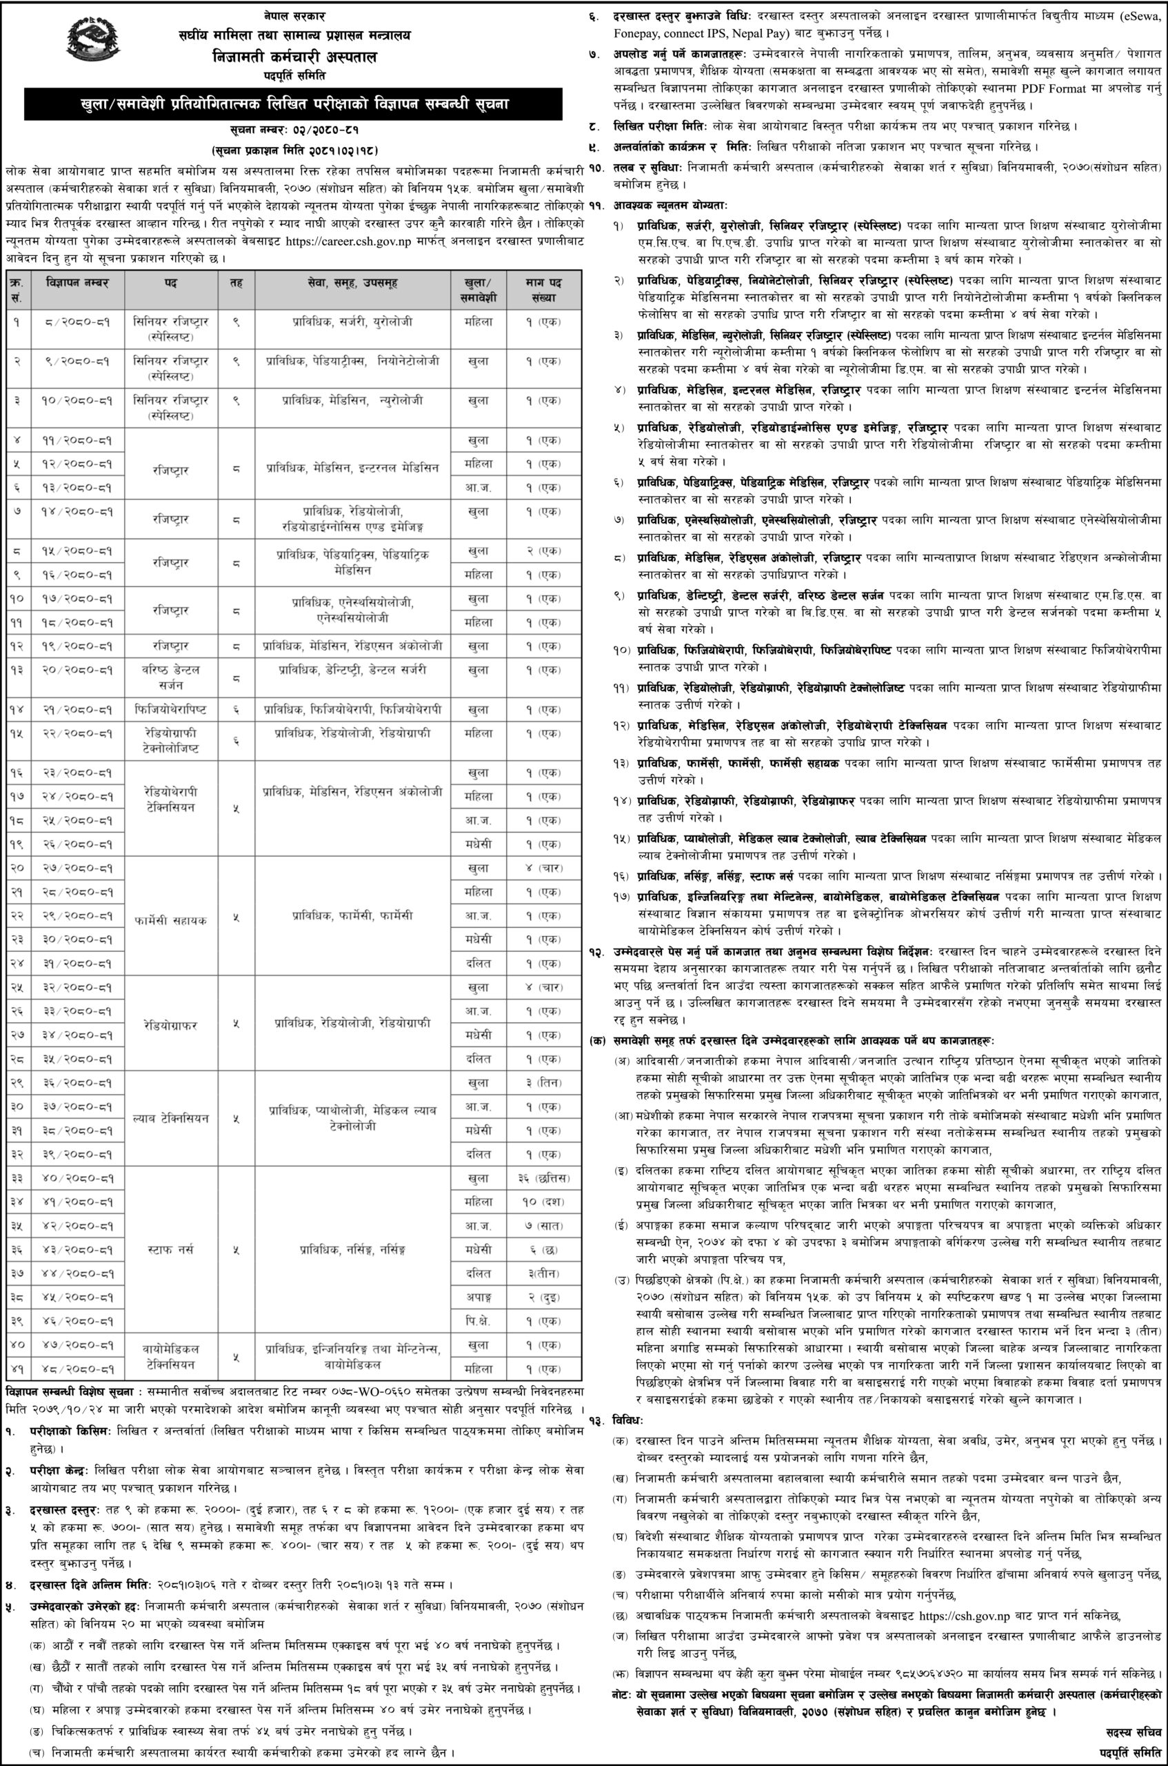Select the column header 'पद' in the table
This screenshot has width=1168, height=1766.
pyautogui.click(x=170, y=288)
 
